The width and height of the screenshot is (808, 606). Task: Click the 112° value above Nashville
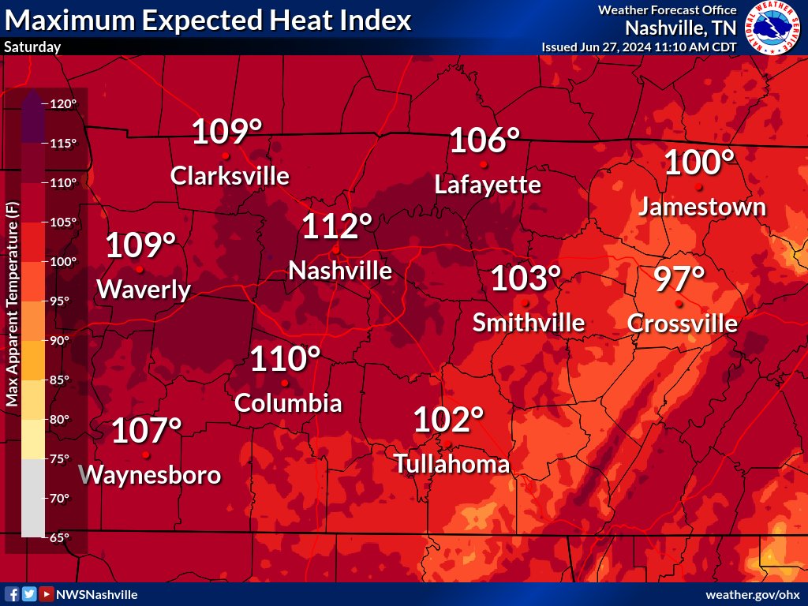[x=337, y=228]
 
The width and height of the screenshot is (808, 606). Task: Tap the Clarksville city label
[x=230, y=175]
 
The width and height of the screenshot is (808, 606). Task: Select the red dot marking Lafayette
[x=483, y=164]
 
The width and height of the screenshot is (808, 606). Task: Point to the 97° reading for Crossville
[x=679, y=280]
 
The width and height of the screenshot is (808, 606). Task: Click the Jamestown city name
[x=701, y=207]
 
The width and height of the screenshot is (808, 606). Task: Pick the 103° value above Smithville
[x=526, y=279]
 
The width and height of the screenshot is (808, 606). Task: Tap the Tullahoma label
[x=451, y=464]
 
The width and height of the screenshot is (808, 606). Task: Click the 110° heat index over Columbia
[x=285, y=360]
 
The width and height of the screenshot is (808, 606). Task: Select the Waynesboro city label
[x=151, y=475]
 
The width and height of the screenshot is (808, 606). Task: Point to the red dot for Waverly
[x=140, y=270]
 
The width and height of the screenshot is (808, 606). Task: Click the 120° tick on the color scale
[x=64, y=104]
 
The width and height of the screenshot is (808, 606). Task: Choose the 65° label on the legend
[x=60, y=537]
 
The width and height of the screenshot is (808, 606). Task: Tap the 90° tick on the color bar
[x=60, y=341]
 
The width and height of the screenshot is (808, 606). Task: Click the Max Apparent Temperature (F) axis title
[x=12, y=304]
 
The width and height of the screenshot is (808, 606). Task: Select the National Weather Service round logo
[x=772, y=28]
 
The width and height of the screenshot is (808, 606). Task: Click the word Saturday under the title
[x=32, y=47]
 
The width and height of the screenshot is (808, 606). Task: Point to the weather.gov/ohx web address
[x=752, y=594]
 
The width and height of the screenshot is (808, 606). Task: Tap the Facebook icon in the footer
[x=12, y=594]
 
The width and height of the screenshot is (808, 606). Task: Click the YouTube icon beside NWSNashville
[x=47, y=594]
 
